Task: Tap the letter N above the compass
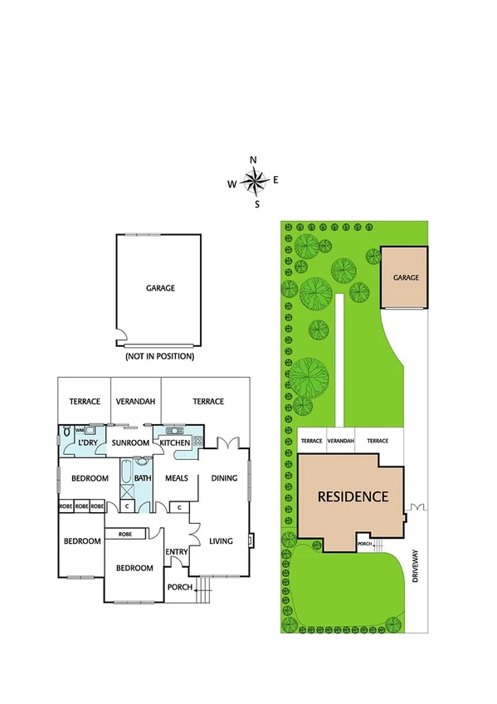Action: pyautogui.click(x=254, y=160)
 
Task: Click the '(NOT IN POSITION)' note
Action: pyautogui.click(x=159, y=356)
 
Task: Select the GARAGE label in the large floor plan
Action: pyautogui.click(x=160, y=288)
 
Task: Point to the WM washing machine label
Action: pyautogui.click(x=80, y=430)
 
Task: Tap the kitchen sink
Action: pyautogui.click(x=174, y=430)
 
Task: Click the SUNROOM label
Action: pyautogui.click(x=130, y=443)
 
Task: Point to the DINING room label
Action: pyautogui.click(x=224, y=478)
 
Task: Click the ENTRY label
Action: pyautogui.click(x=176, y=552)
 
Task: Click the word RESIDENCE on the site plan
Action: pyautogui.click(x=353, y=497)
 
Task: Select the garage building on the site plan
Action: pyautogui.click(x=405, y=277)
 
